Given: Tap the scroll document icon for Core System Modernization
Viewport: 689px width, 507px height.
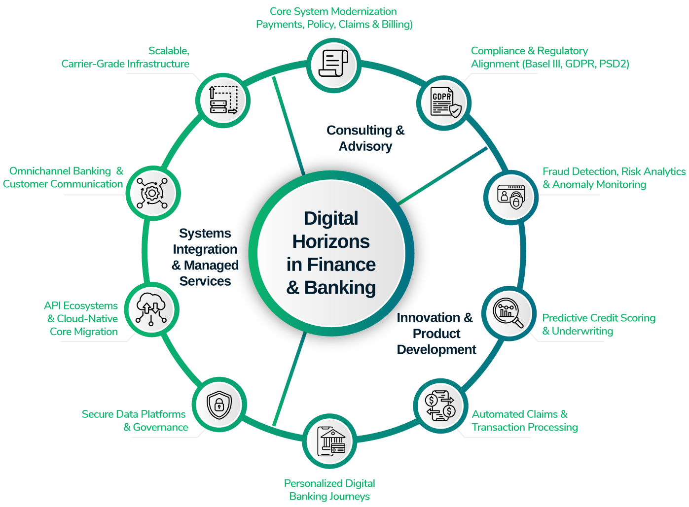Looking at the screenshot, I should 333,65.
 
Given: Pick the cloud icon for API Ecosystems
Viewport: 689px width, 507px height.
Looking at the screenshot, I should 150,309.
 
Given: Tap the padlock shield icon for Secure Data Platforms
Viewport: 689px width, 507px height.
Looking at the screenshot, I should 219,405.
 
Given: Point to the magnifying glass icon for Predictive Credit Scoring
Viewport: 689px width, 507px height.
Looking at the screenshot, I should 508,313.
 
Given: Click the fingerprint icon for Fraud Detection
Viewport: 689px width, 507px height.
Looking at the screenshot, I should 511,196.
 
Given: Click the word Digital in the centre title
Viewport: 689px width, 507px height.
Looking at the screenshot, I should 331,218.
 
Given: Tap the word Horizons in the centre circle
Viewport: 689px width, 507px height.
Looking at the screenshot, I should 331,241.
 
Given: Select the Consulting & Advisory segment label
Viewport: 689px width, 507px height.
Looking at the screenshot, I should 365,138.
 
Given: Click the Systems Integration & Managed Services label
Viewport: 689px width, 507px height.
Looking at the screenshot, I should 205,257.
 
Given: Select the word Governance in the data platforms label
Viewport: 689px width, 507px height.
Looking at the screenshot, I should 161,428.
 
